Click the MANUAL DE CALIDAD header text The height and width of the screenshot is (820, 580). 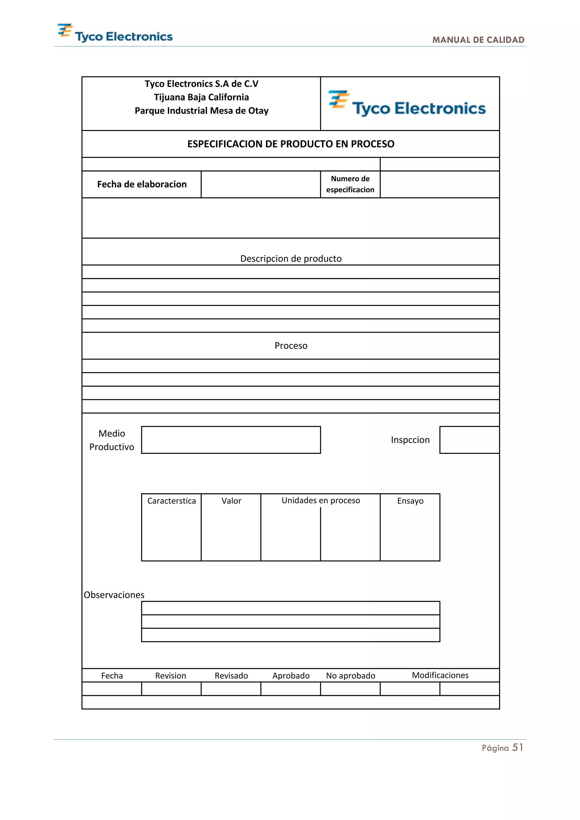pyautogui.click(x=478, y=40)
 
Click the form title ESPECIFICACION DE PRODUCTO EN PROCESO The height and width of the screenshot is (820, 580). pyautogui.click(x=291, y=144)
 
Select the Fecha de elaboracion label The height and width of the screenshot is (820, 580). pyautogui.click(x=142, y=184)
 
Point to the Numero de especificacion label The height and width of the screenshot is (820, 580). pyautogui.click(x=350, y=184)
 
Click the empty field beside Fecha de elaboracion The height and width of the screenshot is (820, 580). pyautogui.click(x=261, y=184)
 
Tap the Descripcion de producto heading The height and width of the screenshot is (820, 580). pyautogui.click(x=291, y=259)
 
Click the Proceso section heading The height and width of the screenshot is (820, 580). pyautogui.click(x=291, y=346)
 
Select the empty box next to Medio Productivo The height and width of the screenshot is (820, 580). pyautogui.click(x=231, y=440)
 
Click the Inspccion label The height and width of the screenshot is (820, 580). pyautogui.click(x=410, y=440)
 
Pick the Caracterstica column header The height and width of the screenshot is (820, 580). pyautogui.click(x=171, y=501)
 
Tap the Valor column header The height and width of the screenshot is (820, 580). pyautogui.click(x=231, y=501)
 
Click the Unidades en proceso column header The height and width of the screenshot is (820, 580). pyautogui.click(x=321, y=501)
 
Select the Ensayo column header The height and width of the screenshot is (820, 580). pyautogui.click(x=410, y=501)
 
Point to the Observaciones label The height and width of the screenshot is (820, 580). pyautogui.click(x=114, y=595)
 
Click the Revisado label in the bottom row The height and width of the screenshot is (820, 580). pyautogui.click(x=231, y=676)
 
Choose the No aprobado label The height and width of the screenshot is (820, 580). pyautogui.click(x=350, y=676)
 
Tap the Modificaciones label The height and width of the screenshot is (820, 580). pyautogui.click(x=440, y=675)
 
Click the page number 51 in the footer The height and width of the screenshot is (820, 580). pyautogui.click(x=517, y=748)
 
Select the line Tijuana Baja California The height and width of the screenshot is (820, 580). pyautogui.click(x=201, y=97)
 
